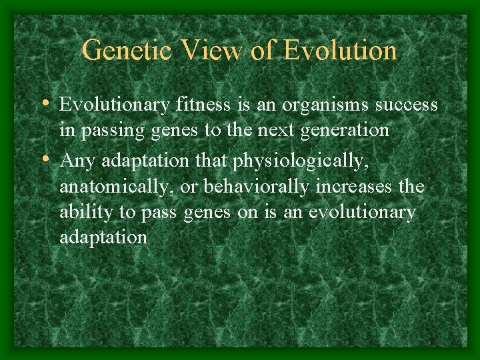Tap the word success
point(407,105)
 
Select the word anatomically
point(117,187)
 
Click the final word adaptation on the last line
point(103,238)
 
